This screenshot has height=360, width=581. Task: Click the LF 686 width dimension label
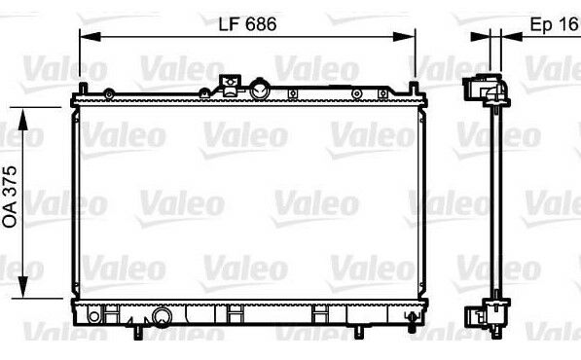tap(247, 24)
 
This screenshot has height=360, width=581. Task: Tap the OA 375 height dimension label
tap(10, 197)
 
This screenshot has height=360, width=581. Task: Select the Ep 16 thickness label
tap(554, 24)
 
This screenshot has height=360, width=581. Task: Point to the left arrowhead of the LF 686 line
tap(91, 37)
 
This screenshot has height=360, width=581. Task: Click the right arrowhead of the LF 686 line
tap(405, 37)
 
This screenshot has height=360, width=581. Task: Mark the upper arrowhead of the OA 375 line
tap(23, 119)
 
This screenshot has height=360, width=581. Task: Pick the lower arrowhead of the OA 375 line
tap(23, 287)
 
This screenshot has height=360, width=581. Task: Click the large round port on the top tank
tap(260, 90)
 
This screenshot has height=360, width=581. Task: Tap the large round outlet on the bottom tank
tap(163, 317)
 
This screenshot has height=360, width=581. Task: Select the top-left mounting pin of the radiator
tap(84, 89)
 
